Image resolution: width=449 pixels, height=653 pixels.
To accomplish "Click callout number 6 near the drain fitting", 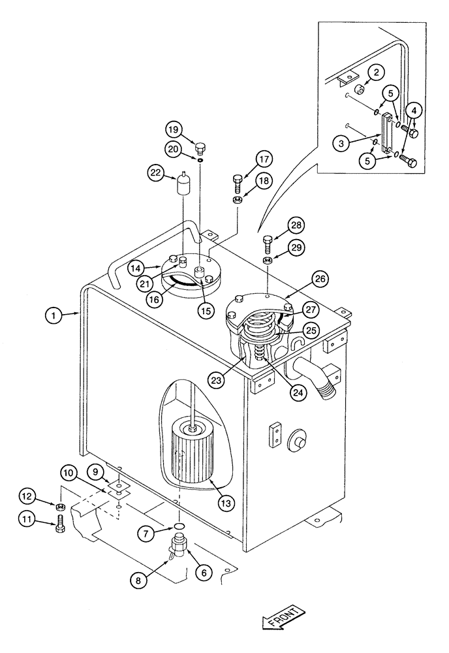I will coord(203,573).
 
